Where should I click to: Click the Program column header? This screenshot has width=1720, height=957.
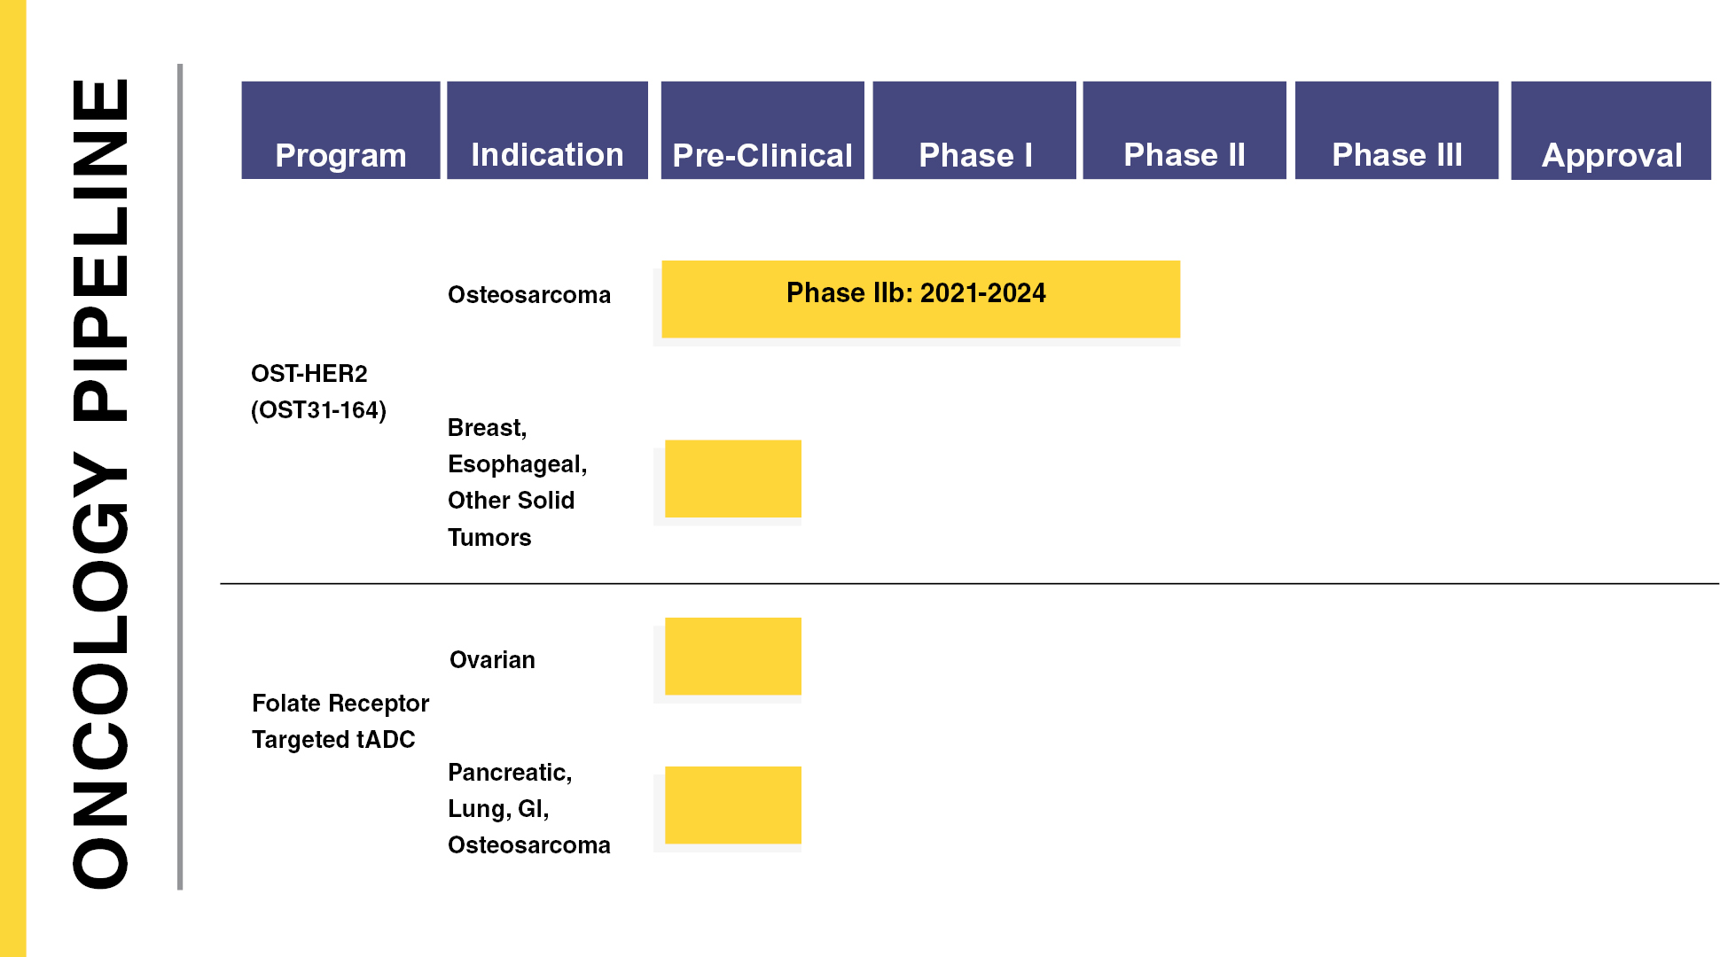pyautogui.click(x=340, y=130)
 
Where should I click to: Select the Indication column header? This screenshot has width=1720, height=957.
pyautogui.click(x=547, y=130)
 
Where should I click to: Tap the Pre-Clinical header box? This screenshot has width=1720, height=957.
pyautogui.click(x=762, y=130)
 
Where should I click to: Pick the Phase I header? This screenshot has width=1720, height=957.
pyautogui.click(x=974, y=130)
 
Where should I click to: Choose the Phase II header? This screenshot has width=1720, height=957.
pyautogui.click(x=1184, y=130)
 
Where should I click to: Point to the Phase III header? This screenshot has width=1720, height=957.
pyautogui.click(x=1396, y=130)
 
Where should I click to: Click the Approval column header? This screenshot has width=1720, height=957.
pyautogui.click(x=1611, y=130)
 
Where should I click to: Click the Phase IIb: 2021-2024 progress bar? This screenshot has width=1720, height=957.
pyautogui.click(x=920, y=299)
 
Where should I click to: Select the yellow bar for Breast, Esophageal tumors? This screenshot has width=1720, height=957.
pyautogui.click(x=733, y=478)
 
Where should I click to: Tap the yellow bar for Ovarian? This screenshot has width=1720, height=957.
pyautogui.click(x=733, y=656)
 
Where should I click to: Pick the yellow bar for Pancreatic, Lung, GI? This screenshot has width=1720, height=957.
pyautogui.click(x=733, y=805)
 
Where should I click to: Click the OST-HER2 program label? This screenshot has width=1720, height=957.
pyautogui.click(x=309, y=374)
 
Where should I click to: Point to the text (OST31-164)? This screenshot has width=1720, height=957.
pyautogui.click(x=319, y=410)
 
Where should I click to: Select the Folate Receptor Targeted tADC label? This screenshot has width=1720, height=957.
pyautogui.click(x=340, y=721)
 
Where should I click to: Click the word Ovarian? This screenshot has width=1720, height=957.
pyautogui.click(x=492, y=660)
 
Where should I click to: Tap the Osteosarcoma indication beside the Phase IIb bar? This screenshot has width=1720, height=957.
pyautogui.click(x=529, y=295)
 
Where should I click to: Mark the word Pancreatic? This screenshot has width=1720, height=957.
pyautogui.click(x=510, y=773)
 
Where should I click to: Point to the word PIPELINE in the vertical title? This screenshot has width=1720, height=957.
pyautogui.click(x=100, y=250)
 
